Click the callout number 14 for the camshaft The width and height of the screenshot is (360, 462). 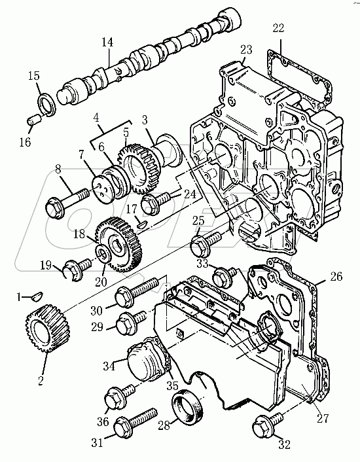[107, 42]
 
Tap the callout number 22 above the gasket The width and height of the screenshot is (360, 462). [278, 28]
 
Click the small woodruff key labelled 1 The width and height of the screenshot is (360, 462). [38, 296]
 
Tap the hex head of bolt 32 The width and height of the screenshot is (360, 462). [262, 425]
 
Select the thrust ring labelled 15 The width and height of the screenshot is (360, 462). [46, 104]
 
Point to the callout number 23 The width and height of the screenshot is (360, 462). [246, 50]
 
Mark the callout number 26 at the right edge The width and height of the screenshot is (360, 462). [336, 276]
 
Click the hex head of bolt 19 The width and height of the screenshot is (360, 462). [72, 269]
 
